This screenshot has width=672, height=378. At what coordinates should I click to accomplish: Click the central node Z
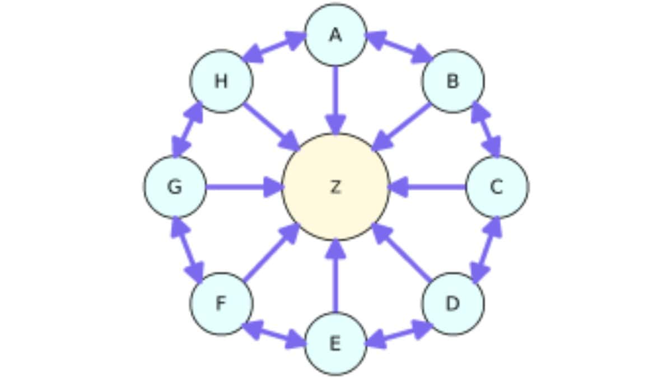pyautogui.click(x=335, y=186)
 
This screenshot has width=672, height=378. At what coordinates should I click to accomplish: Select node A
pyautogui.click(x=335, y=35)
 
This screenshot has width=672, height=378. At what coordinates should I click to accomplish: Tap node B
pyautogui.click(x=452, y=81)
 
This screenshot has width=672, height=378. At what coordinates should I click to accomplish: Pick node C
pyautogui.click(x=497, y=186)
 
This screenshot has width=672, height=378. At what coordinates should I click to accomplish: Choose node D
pyautogui.click(x=452, y=304)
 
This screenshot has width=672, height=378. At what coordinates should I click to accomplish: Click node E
pyautogui.click(x=335, y=343)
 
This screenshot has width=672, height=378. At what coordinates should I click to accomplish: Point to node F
pyautogui.click(x=221, y=304)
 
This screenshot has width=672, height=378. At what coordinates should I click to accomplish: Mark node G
pyautogui.click(x=175, y=186)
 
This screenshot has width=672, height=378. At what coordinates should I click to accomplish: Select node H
pyautogui.click(x=221, y=81)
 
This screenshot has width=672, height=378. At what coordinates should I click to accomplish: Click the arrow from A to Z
pyautogui.click(x=335, y=98)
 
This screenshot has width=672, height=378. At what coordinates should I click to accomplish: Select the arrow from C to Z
pyautogui.click(x=428, y=186)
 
